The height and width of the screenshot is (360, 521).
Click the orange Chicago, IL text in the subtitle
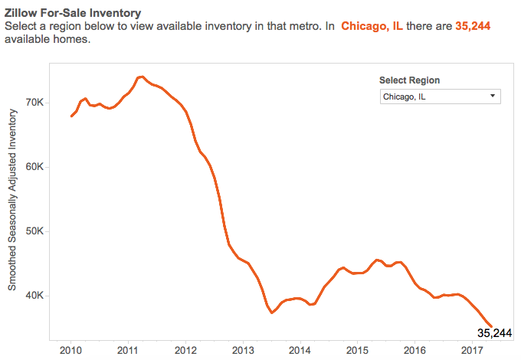point(372,26)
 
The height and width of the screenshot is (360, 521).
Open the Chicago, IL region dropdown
point(439,97)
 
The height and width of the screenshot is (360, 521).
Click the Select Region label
point(410,80)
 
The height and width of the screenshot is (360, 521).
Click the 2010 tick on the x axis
point(70,349)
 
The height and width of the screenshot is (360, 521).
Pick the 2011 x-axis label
point(128,349)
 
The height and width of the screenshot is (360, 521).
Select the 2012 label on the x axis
point(185,349)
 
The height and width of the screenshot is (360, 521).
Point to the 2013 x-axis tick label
point(243,349)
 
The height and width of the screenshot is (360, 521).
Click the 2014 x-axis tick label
point(300,349)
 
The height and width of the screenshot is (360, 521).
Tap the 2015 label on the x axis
point(357,349)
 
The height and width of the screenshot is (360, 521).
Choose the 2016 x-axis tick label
point(415,349)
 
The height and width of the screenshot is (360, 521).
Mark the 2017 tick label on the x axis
point(472,349)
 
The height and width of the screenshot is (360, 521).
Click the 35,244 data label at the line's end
point(493,333)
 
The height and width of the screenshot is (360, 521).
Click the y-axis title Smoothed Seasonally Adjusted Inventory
point(13,199)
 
